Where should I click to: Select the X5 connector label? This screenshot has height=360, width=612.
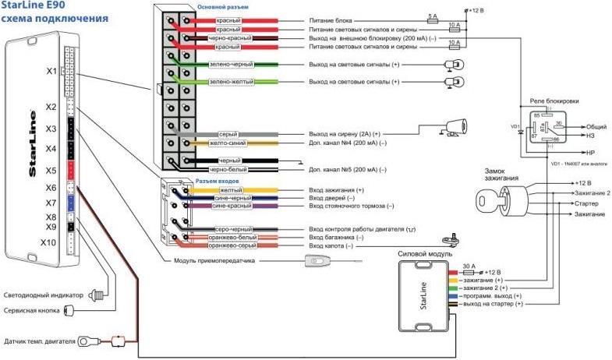point(51,170)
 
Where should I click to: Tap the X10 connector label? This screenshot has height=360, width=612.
point(49,242)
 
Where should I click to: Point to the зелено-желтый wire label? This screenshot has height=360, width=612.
point(230,82)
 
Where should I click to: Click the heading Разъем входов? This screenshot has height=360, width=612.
point(217,181)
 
